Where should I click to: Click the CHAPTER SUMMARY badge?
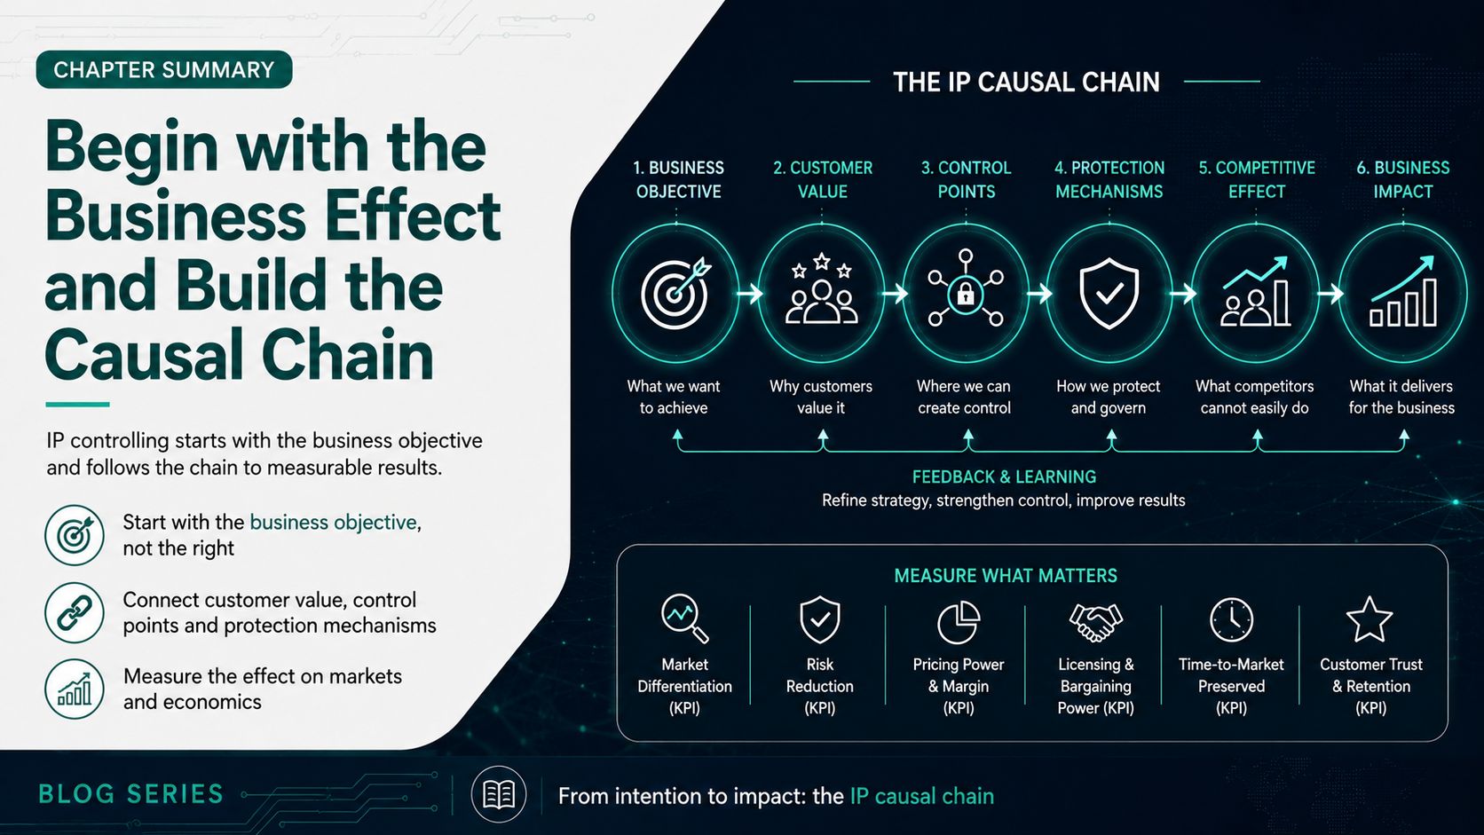pyautogui.click(x=164, y=69)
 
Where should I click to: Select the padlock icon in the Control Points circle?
pyautogui.click(x=966, y=294)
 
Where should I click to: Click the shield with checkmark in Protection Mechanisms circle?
pyautogui.click(x=1109, y=294)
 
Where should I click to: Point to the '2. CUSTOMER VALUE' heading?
pyautogui.click(x=822, y=179)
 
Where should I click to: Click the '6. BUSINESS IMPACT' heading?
pyautogui.click(x=1402, y=179)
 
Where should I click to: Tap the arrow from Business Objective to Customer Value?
pyautogui.click(x=749, y=294)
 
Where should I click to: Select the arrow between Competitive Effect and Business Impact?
pyautogui.click(x=1330, y=294)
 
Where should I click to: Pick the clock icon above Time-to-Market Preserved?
pyautogui.click(x=1232, y=620)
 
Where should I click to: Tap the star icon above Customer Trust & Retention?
pyautogui.click(x=1370, y=619)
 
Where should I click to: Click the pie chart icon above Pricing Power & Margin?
pyautogui.click(x=958, y=622)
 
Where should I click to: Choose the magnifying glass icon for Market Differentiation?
pyautogui.click(x=684, y=618)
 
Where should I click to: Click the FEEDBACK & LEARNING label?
pyautogui.click(x=1004, y=477)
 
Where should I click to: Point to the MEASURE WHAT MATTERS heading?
pyautogui.click(x=1006, y=575)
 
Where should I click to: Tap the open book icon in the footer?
pyautogui.click(x=499, y=794)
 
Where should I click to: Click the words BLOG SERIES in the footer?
pyautogui.click(x=131, y=794)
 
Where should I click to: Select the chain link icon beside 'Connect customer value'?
pyautogui.click(x=75, y=612)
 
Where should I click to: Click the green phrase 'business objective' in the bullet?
pyautogui.click(x=333, y=523)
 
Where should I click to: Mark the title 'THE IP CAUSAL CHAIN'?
pyautogui.click(x=1026, y=83)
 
